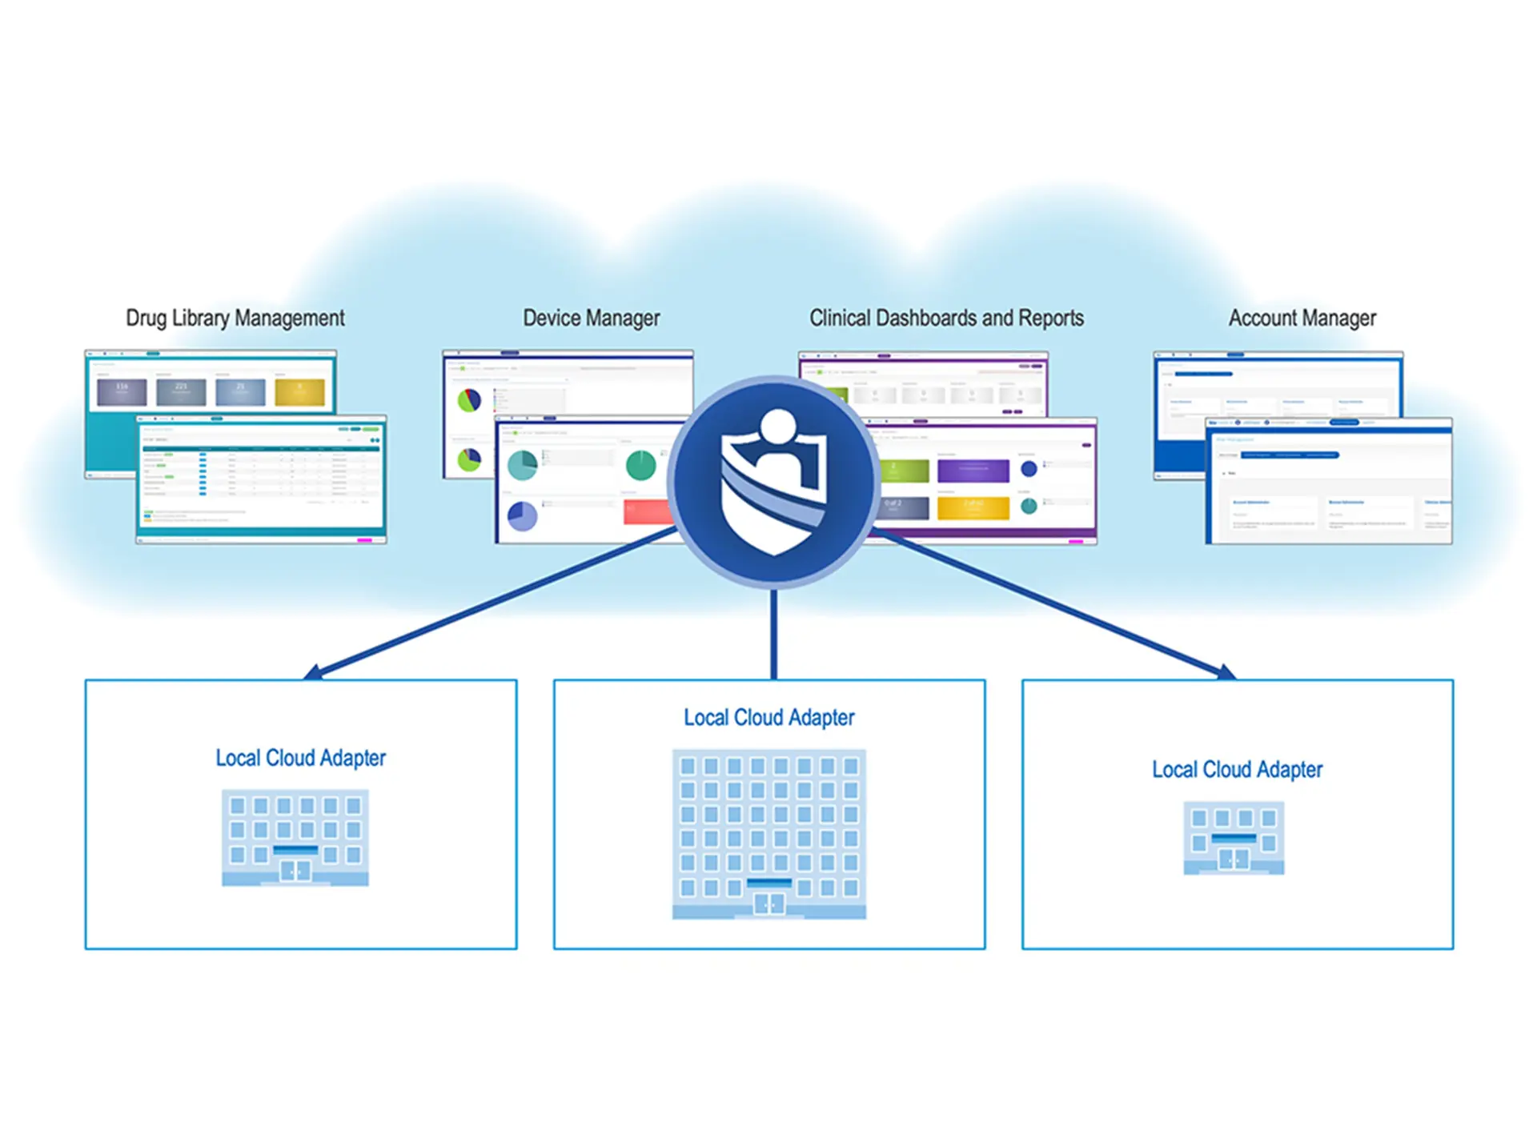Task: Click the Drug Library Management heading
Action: click(235, 318)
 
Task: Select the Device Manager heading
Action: click(591, 318)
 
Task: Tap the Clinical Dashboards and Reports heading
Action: click(946, 318)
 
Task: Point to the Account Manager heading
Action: click(1302, 318)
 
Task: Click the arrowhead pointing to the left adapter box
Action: click(313, 672)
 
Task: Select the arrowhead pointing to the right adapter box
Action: click(1226, 672)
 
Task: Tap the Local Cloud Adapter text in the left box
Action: click(300, 758)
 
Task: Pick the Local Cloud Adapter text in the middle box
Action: click(768, 717)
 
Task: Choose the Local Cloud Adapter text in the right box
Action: click(1237, 769)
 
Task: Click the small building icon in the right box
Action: click(1234, 838)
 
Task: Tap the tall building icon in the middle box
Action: click(768, 832)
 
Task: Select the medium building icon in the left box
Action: click(295, 837)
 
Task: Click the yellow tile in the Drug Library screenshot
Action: click(299, 392)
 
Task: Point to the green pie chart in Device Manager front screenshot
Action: click(640, 465)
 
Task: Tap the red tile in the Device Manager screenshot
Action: click(647, 512)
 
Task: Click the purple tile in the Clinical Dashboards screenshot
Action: click(973, 470)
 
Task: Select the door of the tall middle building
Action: click(769, 904)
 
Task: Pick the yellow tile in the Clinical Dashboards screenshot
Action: click(973, 507)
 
